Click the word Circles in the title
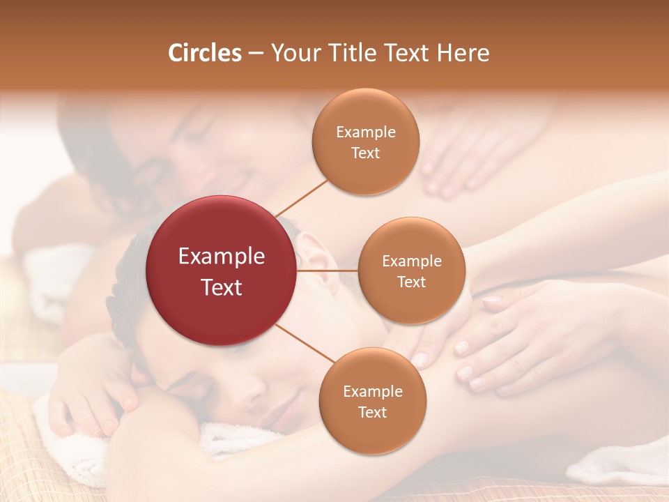point(205,53)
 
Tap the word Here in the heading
point(463,53)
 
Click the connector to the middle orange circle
point(328,271)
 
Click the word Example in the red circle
point(222,257)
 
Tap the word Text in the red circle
point(222,287)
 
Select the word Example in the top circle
point(366,132)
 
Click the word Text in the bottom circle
point(372,412)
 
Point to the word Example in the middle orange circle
point(412,261)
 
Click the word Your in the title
point(291,53)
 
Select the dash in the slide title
point(256,54)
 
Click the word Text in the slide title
point(406,53)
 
